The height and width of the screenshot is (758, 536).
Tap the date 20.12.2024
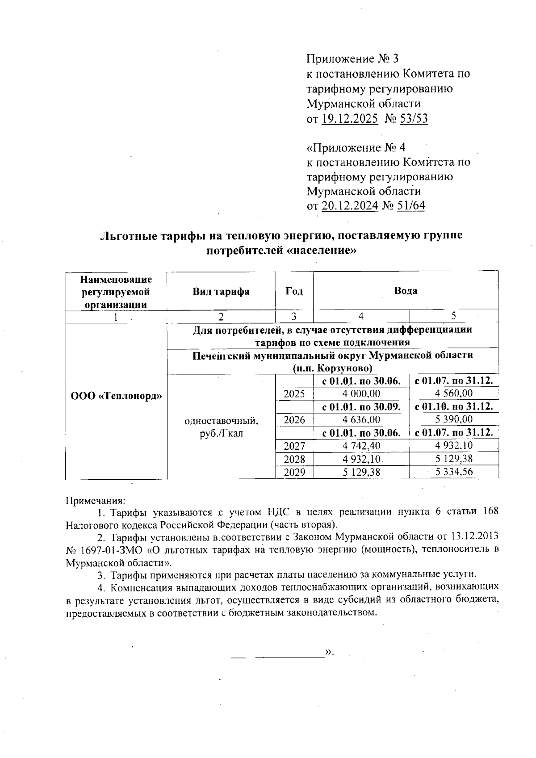point(350,206)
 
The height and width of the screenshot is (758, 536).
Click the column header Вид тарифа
point(221,292)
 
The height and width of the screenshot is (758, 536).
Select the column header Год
point(294,292)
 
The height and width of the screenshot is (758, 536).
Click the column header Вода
point(406,291)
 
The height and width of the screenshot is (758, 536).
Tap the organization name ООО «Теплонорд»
point(116,396)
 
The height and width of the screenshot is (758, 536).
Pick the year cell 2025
point(294,394)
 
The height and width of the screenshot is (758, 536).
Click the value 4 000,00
point(361,394)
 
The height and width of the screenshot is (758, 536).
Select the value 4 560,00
point(453,394)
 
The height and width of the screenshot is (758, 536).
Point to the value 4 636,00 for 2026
point(361,420)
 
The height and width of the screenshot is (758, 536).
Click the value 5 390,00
point(453,420)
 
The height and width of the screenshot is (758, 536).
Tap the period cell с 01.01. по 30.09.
point(364,407)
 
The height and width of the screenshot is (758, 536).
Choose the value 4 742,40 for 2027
point(361,446)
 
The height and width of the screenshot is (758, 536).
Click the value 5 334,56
point(453,472)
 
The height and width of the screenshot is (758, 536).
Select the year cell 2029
point(294,472)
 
